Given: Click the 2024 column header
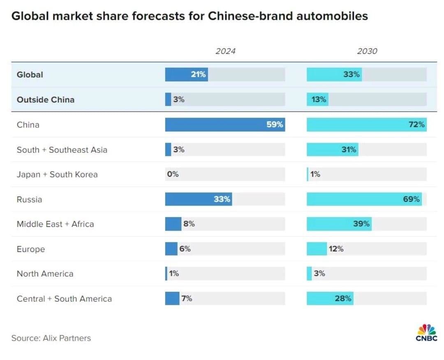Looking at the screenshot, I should (225, 51).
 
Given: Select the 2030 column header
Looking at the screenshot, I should (367, 51).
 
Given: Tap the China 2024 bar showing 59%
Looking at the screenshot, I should (225, 125).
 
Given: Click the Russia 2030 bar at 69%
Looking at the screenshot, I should (364, 199).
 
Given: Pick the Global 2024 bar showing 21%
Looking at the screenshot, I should (186, 75).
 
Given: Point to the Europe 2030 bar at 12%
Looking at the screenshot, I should (317, 249).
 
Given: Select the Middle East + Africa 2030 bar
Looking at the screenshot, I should (339, 224).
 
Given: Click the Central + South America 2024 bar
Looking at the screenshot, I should (172, 298).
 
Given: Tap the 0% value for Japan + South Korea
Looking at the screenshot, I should (173, 174).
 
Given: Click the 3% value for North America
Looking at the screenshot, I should (319, 273).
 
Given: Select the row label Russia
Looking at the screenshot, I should (29, 200).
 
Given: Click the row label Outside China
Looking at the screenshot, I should (45, 99).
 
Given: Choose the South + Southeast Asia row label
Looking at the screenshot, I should (62, 150).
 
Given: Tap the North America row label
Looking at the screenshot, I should (45, 274).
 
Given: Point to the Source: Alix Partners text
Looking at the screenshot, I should (51, 338).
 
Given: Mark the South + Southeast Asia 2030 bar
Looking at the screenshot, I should (332, 150).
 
